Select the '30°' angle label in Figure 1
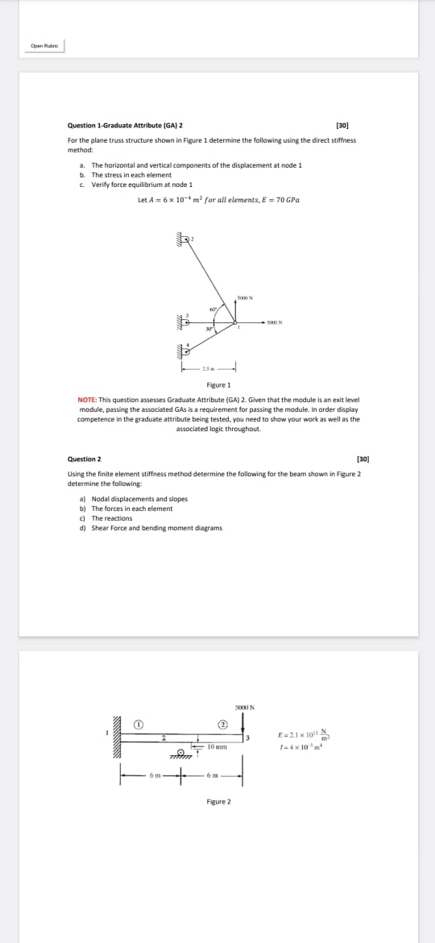[209, 327]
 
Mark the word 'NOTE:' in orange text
[87, 400]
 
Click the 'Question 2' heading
[85, 459]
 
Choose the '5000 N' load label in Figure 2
[244, 706]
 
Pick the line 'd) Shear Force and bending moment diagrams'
[151, 528]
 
